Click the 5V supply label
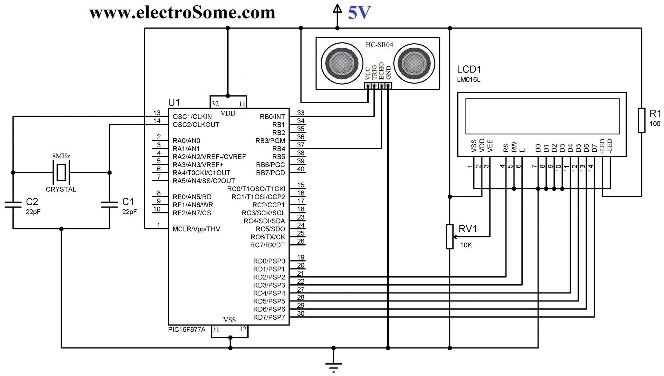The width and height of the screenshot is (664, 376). [x=359, y=13]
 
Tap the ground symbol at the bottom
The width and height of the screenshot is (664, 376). [x=333, y=364]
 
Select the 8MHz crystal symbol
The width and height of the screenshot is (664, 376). [x=61, y=172]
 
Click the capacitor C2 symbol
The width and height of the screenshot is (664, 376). [x=13, y=205]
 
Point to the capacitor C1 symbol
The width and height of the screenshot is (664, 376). [x=109, y=205]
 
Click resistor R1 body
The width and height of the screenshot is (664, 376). [x=641, y=120]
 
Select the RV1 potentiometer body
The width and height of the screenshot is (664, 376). [x=449, y=237]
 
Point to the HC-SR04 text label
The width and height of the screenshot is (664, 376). [x=379, y=45]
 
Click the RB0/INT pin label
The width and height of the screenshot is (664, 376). [x=272, y=117]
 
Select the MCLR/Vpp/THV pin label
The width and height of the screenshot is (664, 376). [x=196, y=229]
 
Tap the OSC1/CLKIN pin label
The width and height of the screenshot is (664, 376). [x=192, y=117]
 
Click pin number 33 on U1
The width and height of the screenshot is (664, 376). [x=301, y=113]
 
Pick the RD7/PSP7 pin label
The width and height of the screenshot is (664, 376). [x=269, y=317]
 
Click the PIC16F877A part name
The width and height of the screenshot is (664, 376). [x=187, y=330]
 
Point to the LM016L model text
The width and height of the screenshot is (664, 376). [x=468, y=80]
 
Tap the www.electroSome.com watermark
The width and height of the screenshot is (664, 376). [x=182, y=13]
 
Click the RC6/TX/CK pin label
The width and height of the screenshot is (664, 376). [x=268, y=237]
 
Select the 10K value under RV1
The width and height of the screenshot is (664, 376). [x=466, y=245]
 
